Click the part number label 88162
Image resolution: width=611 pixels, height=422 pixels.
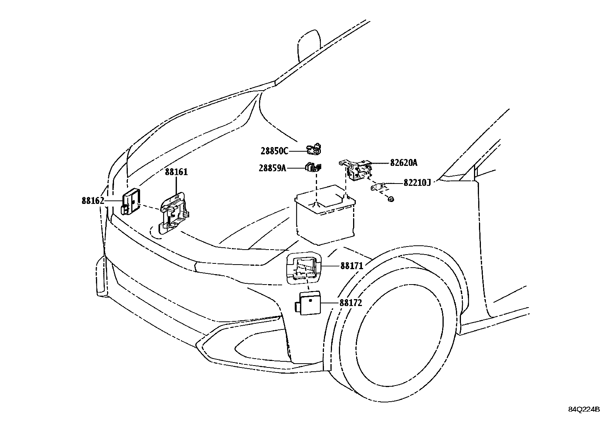[93, 201]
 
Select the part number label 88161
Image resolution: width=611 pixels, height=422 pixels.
[176, 172]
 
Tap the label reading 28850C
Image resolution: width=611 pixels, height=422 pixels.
[274, 151]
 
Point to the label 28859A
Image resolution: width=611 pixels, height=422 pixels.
[272, 168]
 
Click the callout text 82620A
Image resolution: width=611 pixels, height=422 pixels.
[404, 163]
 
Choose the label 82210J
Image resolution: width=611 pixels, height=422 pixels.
[417, 183]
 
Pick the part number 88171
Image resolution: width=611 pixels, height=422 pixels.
[352, 266]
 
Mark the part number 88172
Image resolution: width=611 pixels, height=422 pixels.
[351, 303]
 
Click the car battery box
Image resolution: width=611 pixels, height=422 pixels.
[325, 215]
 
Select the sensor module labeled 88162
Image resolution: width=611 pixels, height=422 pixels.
[130, 202]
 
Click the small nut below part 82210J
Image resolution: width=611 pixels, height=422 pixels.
[391, 199]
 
